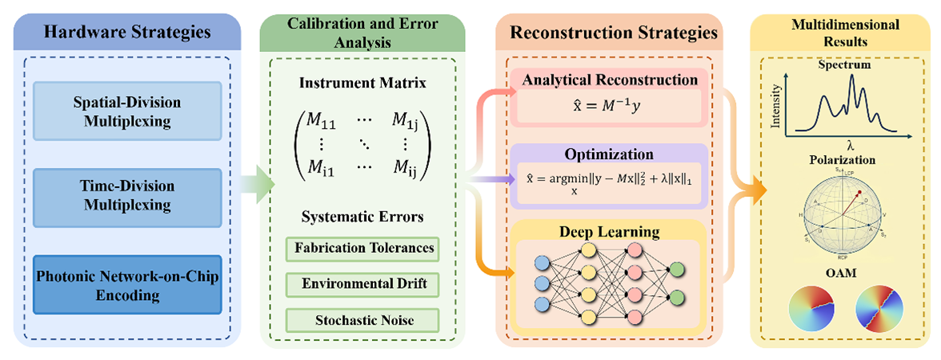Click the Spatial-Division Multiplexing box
pos(128,112)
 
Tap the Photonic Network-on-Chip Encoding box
pos(128,284)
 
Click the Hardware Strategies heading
pos(127,33)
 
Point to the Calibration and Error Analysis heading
pos(363,33)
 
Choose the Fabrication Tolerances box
pos(362,248)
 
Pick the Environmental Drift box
pos(362,284)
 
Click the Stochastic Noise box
pos(362,319)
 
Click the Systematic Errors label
pos(362,216)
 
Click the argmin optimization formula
pos(609,179)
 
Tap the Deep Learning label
pos(609,232)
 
